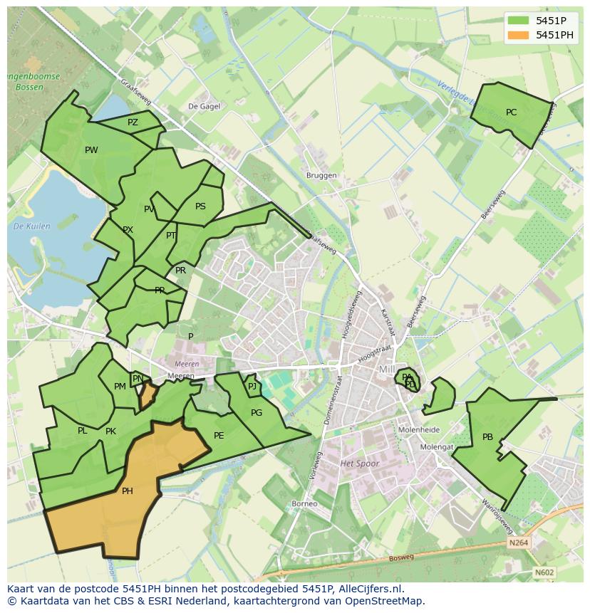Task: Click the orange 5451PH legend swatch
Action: click(x=519, y=35)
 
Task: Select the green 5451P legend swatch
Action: click(x=519, y=21)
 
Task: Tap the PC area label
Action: click(x=511, y=112)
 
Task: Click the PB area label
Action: click(x=487, y=437)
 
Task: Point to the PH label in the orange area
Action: click(x=127, y=491)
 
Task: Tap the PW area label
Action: click(x=91, y=150)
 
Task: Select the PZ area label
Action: click(x=133, y=122)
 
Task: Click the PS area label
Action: click(x=200, y=207)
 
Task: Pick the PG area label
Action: click(x=257, y=413)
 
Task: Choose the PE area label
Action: click(x=219, y=436)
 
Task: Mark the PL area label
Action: click(x=83, y=431)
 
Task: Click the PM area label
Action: click(x=120, y=387)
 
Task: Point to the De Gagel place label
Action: click(x=203, y=106)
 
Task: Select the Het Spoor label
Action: click(x=360, y=463)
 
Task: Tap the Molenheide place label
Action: click(x=419, y=430)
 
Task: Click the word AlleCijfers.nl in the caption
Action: click(x=371, y=589)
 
